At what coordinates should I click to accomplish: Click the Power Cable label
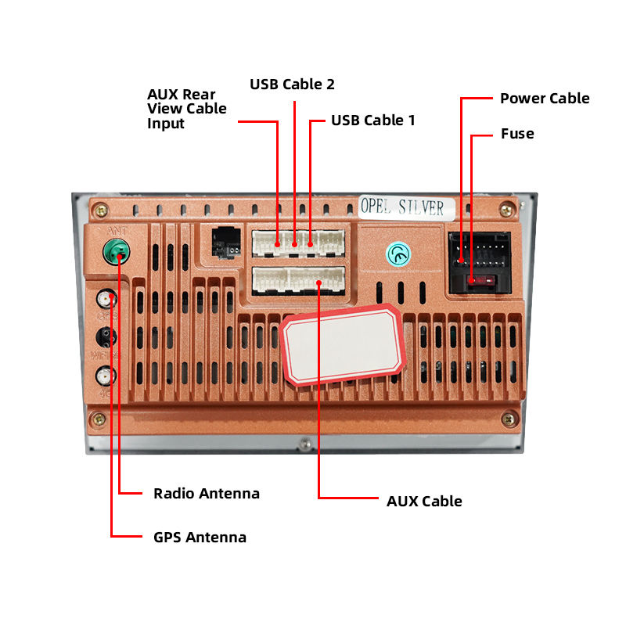[545, 99]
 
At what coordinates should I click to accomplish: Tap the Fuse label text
[517, 134]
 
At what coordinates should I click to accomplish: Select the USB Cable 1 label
[373, 121]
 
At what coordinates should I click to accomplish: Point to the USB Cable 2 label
[293, 84]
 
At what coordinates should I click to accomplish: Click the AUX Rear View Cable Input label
[186, 109]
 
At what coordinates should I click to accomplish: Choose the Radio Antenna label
[207, 494]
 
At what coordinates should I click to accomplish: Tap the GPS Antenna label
[200, 538]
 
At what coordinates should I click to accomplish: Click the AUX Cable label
[425, 502]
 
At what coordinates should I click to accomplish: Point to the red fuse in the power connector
[478, 281]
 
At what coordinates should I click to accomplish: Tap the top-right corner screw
[509, 210]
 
